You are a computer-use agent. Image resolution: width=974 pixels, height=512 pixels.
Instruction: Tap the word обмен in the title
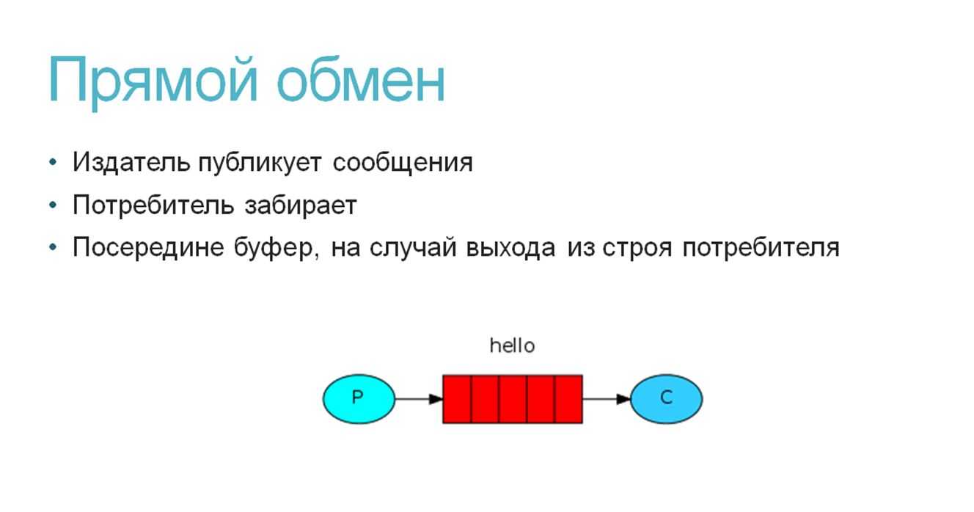click(361, 78)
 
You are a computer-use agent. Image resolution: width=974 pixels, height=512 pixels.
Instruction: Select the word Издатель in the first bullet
click(131, 163)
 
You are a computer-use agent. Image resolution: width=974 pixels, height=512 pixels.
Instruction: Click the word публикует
click(260, 164)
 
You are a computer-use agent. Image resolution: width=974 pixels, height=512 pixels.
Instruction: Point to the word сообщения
click(403, 164)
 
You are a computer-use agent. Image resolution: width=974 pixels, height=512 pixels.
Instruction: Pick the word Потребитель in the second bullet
click(153, 205)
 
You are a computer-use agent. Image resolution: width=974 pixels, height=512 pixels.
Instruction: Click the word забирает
click(301, 205)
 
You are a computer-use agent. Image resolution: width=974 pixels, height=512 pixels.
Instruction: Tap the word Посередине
click(149, 247)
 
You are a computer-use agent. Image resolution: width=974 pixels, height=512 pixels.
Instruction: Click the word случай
click(413, 248)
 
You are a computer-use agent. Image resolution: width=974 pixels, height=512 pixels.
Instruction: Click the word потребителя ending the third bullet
click(761, 249)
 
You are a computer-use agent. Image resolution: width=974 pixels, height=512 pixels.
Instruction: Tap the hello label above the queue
click(512, 345)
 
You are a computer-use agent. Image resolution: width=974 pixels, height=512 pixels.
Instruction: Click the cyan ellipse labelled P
click(359, 399)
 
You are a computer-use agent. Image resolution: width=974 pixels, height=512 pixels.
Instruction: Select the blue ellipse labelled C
click(666, 399)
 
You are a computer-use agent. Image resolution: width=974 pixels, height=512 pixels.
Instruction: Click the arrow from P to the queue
click(419, 399)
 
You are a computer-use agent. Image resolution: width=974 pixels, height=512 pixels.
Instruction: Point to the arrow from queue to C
click(607, 399)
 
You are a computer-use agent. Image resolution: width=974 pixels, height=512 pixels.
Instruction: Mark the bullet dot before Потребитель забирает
click(53, 205)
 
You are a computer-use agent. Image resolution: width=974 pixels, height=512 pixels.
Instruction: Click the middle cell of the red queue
click(513, 399)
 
